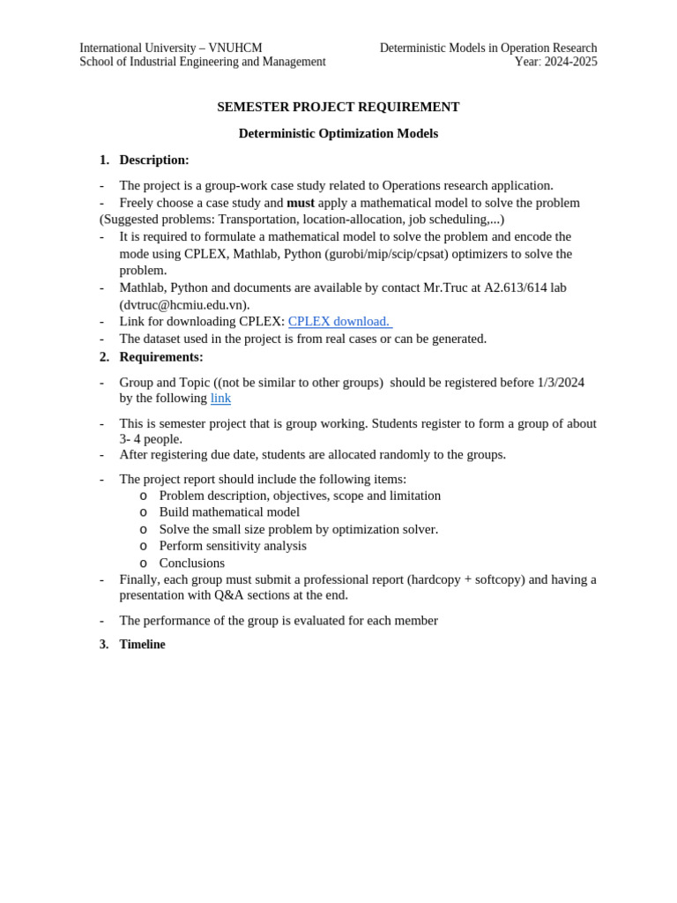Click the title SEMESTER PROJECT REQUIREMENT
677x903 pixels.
[x=338, y=107]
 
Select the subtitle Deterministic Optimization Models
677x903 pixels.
[x=338, y=133]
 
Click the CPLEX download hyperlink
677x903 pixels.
[x=339, y=321]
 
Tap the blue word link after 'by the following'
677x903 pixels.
[x=220, y=398]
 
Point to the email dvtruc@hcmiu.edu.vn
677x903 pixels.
[x=184, y=304]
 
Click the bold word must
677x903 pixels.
[x=301, y=203]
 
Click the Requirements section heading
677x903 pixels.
[x=160, y=356]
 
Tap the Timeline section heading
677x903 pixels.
[x=142, y=645]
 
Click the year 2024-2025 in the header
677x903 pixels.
[x=571, y=62]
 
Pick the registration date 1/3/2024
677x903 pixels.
[x=561, y=382]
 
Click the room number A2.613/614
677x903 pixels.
[x=515, y=287]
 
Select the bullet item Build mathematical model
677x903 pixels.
[x=229, y=511]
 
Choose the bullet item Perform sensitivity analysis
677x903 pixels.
[x=233, y=545]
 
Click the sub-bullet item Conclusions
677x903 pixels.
[x=191, y=563]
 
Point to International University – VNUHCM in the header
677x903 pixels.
[x=170, y=48]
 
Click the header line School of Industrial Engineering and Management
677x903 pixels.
[x=202, y=62]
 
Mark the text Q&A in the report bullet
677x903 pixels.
[x=229, y=595]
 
